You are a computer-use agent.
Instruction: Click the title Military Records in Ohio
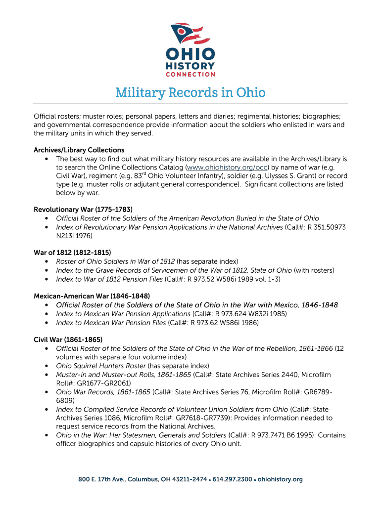pyautogui.click(x=190, y=92)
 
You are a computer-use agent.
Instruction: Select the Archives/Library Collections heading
pyautogui.click(x=79, y=150)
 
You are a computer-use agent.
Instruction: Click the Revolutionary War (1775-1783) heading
pyautogui.click(x=83, y=210)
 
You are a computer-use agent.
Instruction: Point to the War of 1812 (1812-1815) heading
pyautogui.click(x=72, y=253)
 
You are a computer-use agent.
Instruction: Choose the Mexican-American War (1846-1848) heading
pyautogui.click(x=92, y=296)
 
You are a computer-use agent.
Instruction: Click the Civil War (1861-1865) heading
pyautogui.click(x=68, y=339)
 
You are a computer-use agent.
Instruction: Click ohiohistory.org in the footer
pyautogui.click(x=280, y=479)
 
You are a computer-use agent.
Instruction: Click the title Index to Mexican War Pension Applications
pyautogui.click(x=123, y=314)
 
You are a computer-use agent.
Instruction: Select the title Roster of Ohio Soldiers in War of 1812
pyautogui.click(x=115, y=261)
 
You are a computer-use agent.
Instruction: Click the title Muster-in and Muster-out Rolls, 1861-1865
pyautogui.click(x=123, y=375)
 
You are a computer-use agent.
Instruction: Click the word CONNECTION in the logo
pyautogui.click(x=190, y=75)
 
